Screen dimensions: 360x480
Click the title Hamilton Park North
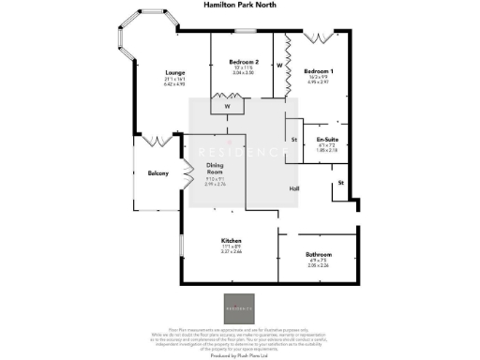pyautogui.click(x=239, y=5)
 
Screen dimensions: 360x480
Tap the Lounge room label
pyautogui.click(x=174, y=73)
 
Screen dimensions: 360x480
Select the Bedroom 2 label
pyautogui.click(x=243, y=63)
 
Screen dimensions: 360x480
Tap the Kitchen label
pyautogui.click(x=232, y=239)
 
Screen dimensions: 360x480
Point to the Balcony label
pyautogui.click(x=158, y=173)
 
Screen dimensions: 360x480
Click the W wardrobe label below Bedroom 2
pyautogui.click(x=228, y=107)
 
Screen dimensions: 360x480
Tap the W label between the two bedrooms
pyautogui.click(x=280, y=66)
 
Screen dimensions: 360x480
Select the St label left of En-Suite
pyautogui.click(x=294, y=140)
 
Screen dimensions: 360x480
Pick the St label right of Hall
pyautogui.click(x=340, y=181)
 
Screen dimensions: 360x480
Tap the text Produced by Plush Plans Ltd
pyautogui.click(x=239, y=354)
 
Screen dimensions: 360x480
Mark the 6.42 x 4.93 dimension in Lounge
pyautogui.click(x=174, y=85)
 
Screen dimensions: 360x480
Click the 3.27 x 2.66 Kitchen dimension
pyautogui.click(x=232, y=251)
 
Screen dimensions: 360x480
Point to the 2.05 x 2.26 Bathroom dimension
pyautogui.click(x=319, y=265)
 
